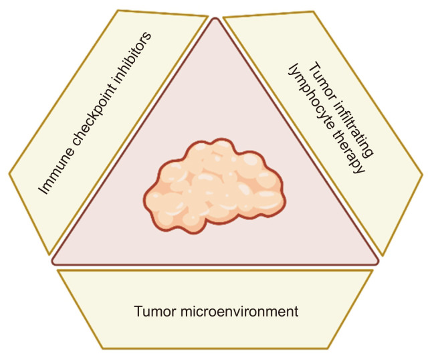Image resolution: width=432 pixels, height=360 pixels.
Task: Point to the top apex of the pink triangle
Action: click(x=216, y=18)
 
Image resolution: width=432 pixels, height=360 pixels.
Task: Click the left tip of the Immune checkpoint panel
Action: click(x=9, y=174)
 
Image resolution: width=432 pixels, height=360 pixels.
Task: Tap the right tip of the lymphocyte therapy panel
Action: click(x=423, y=174)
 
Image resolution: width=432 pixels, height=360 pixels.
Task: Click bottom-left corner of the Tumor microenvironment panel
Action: click(x=102, y=349)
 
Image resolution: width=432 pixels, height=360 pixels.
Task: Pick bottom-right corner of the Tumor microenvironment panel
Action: click(x=330, y=349)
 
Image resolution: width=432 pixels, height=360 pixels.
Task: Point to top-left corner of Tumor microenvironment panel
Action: click(x=58, y=270)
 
